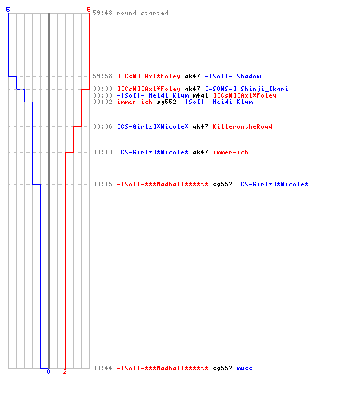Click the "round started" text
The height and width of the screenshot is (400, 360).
[x=142, y=13]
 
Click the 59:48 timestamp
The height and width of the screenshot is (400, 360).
[x=102, y=13]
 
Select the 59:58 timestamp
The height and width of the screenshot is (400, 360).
[x=102, y=76]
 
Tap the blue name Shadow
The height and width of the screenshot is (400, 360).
[x=249, y=76]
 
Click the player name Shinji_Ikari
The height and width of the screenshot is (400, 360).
[x=264, y=89]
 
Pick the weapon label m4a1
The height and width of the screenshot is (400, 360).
[x=200, y=95]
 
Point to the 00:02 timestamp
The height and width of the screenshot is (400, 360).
[x=102, y=102]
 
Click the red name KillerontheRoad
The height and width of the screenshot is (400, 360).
[x=242, y=126]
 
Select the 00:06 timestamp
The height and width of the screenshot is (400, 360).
[x=102, y=126]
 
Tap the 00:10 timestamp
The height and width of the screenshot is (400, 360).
[x=102, y=152]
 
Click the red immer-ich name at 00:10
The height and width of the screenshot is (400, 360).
[x=230, y=152]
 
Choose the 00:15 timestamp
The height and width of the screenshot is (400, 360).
[x=102, y=184]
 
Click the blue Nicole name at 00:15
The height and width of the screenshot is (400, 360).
[x=273, y=184]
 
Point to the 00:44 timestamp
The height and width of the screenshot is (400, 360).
[x=102, y=368]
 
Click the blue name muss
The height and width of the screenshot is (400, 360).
[x=244, y=369]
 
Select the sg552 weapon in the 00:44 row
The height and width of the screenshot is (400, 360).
[x=222, y=369]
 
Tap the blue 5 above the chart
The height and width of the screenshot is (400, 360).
[x=8, y=10]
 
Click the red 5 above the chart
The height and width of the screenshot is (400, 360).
[x=89, y=10]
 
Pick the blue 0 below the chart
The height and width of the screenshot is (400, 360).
[x=48, y=371]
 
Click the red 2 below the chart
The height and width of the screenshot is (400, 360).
[x=65, y=371]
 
